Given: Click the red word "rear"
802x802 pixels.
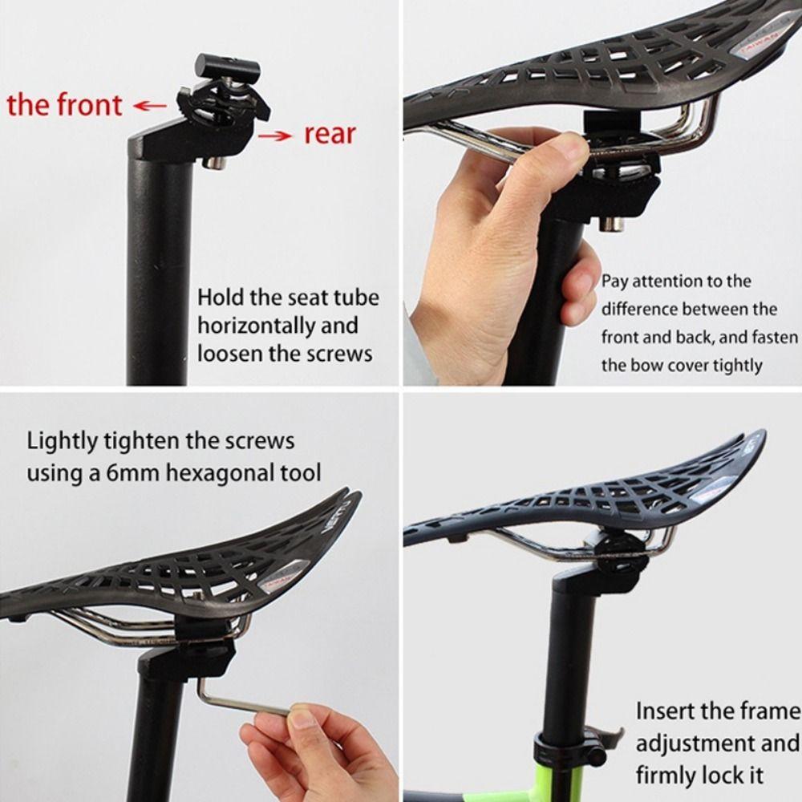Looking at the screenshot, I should pyautogui.click(x=330, y=134).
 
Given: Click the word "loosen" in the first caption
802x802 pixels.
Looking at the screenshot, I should pyautogui.click(x=229, y=353).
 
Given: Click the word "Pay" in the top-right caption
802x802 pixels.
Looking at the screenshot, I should pyautogui.click(x=615, y=281).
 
